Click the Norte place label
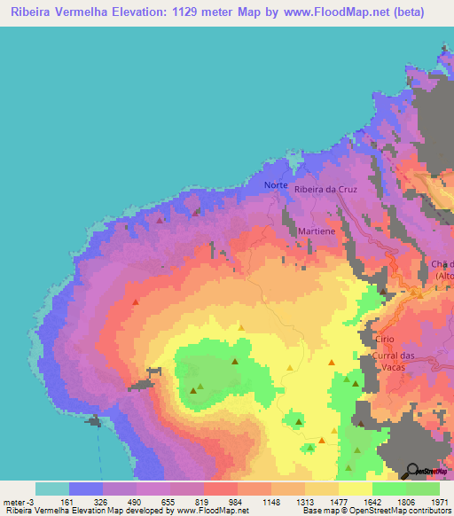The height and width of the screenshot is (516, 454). pyautogui.click(x=276, y=185)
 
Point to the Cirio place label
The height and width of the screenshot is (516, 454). pyautogui.click(x=384, y=340)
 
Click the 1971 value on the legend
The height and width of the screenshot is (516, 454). pyautogui.click(x=439, y=502)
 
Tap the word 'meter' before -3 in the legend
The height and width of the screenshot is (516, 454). pyautogui.click(x=13, y=502)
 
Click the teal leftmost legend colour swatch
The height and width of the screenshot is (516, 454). pyautogui.click(x=52, y=489)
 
